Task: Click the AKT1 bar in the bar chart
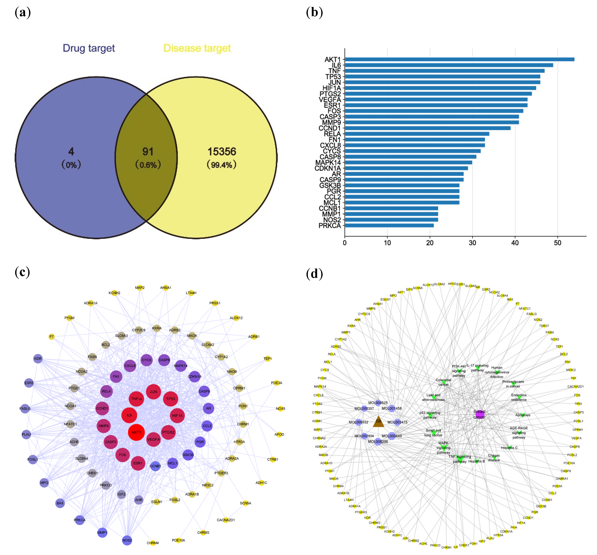click(459, 59)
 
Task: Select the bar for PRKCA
click(389, 225)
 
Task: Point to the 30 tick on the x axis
click(472, 243)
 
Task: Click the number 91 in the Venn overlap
click(148, 152)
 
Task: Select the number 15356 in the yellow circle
click(222, 152)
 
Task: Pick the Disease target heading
click(197, 48)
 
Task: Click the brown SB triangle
click(378, 422)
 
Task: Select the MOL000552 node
click(358, 422)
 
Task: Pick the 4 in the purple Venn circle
click(71, 152)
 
